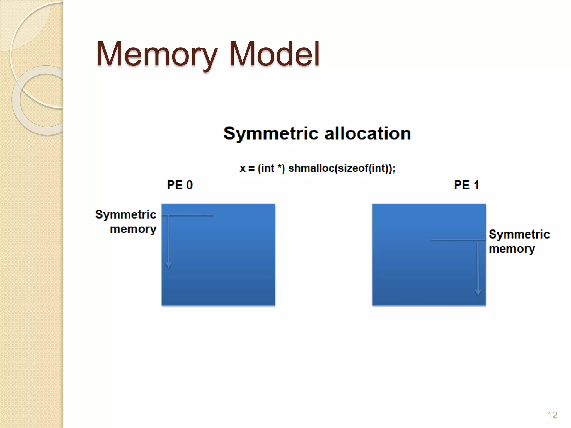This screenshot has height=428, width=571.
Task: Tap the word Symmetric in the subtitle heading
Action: (271, 133)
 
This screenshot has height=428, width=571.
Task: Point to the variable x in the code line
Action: (243, 169)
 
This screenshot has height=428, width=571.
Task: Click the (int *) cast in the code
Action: (271, 168)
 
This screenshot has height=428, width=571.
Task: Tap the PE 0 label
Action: (180, 185)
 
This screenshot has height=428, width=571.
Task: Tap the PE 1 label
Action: (466, 185)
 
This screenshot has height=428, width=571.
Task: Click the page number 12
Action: (552, 415)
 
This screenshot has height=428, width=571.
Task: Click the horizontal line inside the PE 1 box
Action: (457, 239)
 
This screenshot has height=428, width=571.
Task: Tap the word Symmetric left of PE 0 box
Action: (125, 215)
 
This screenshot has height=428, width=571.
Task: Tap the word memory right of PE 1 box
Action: (512, 249)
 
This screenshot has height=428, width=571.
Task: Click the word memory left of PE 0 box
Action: (133, 229)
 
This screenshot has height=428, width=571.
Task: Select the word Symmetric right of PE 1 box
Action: (519, 234)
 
